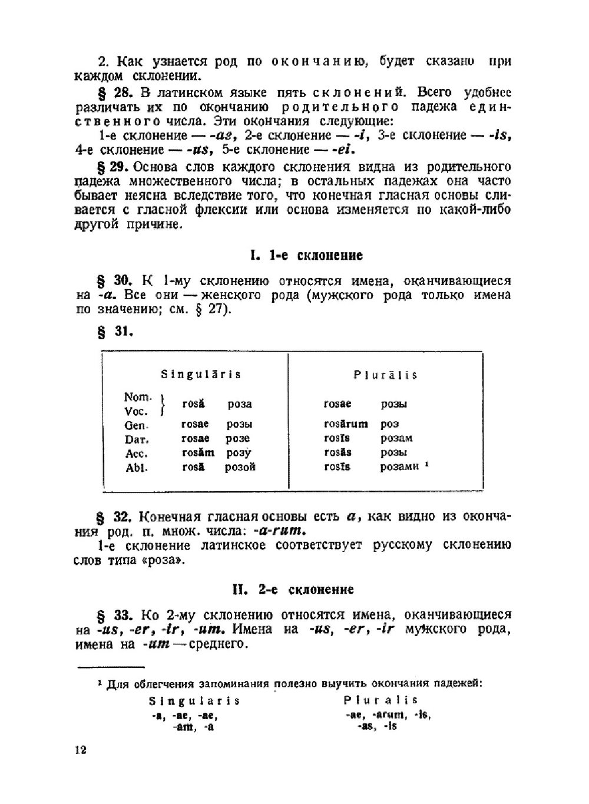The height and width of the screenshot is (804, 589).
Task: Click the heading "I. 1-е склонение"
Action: click(x=306, y=256)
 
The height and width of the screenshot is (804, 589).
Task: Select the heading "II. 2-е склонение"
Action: click(x=293, y=590)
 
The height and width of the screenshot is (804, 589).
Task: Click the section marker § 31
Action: click(x=115, y=332)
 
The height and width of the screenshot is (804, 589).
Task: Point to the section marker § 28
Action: click(x=115, y=92)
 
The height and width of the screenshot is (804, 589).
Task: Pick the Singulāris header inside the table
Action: click(x=201, y=375)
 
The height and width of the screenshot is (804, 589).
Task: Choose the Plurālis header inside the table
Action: click(x=386, y=375)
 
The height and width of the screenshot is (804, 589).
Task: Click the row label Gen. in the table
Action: click(x=136, y=425)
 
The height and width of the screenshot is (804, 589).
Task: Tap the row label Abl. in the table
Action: click(x=136, y=468)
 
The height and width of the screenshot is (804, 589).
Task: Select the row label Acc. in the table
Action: click(x=136, y=454)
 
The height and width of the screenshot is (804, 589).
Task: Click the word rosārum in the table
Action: click(x=346, y=424)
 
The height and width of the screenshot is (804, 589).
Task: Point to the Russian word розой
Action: click(x=240, y=467)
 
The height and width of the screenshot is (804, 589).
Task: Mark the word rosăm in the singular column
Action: click(x=198, y=453)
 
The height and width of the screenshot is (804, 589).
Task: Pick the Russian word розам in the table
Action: click(x=396, y=438)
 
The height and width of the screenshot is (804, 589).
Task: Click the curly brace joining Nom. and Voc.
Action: click(x=163, y=405)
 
